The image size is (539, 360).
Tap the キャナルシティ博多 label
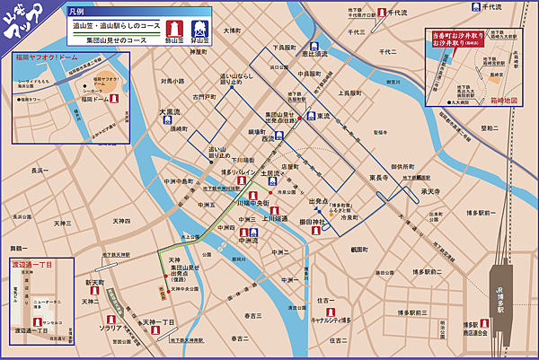pyautogui.click(x=336, y=319)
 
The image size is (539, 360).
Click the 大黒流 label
pyautogui.click(x=171, y=113)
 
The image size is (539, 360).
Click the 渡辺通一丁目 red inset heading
pyautogui.click(x=32, y=265)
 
